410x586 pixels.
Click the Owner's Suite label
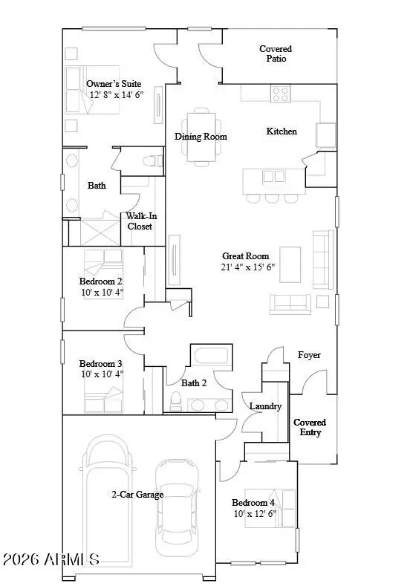(x=114, y=84)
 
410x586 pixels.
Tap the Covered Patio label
(x=275, y=53)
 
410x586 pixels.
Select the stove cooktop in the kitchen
(x=281, y=94)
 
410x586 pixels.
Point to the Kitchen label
(x=282, y=131)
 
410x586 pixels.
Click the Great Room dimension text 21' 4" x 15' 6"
(x=248, y=267)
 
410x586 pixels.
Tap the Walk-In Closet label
(x=140, y=221)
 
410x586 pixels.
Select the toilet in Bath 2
(x=176, y=402)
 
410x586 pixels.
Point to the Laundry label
(x=265, y=406)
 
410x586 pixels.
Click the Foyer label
(x=309, y=355)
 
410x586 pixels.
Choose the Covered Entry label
(x=310, y=427)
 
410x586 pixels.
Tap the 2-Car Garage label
(x=137, y=494)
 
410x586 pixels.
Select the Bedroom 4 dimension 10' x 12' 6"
(x=254, y=513)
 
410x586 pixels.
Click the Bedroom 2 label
(x=100, y=281)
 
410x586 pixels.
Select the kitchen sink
(x=326, y=134)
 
